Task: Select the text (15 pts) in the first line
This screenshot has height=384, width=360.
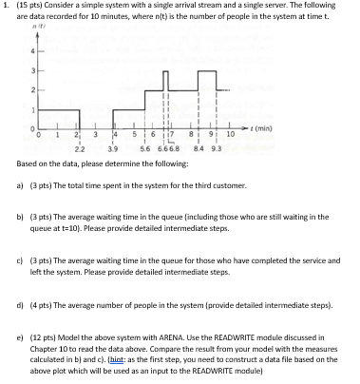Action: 28,7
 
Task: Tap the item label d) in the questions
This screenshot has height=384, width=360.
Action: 22,305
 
